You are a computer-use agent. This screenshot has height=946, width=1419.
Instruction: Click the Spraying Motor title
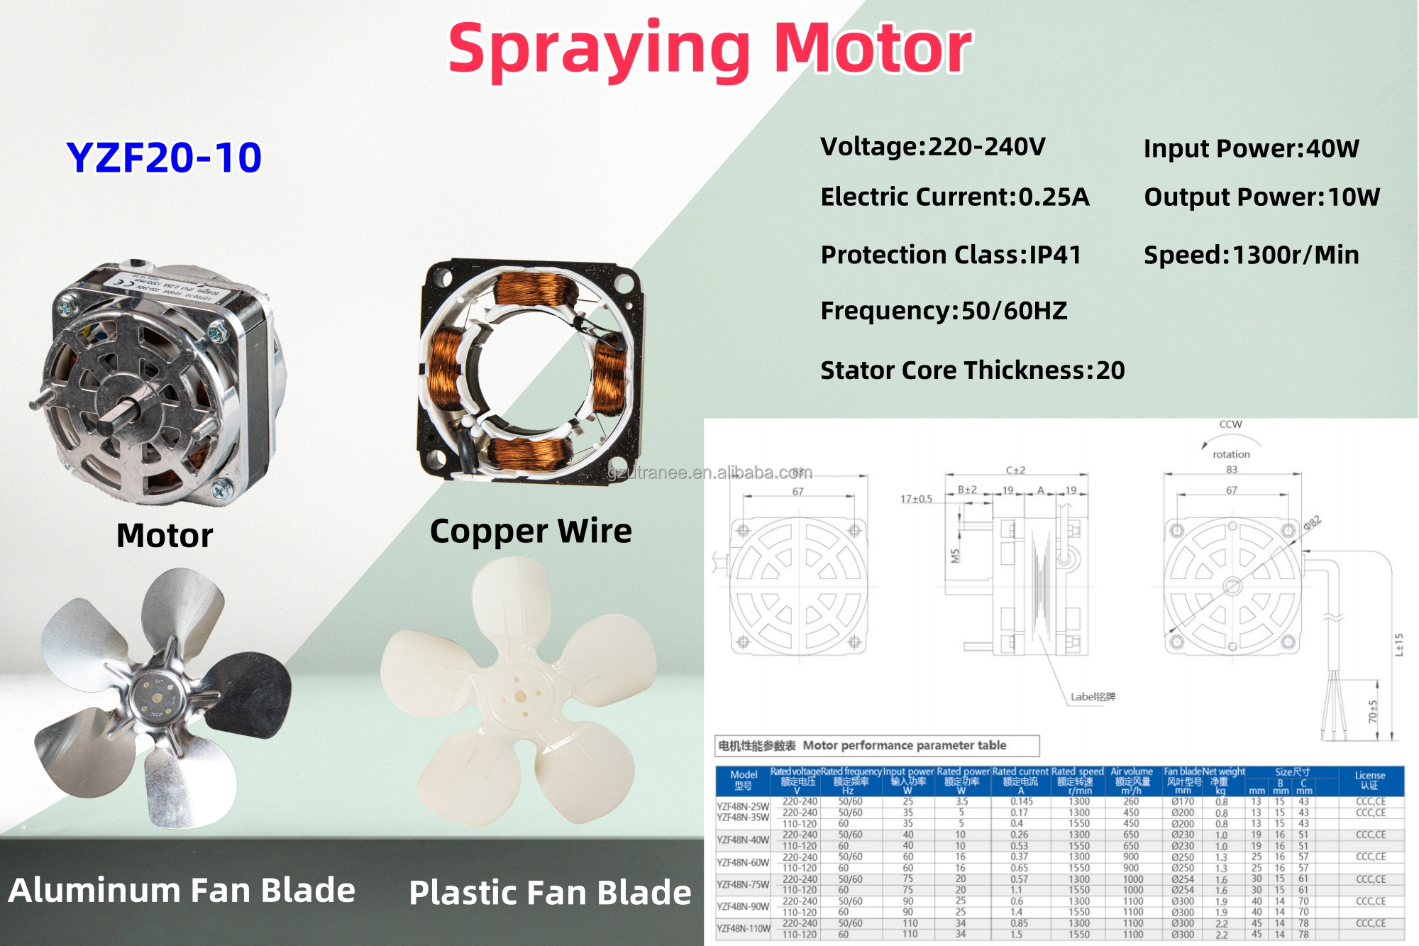coord(709,48)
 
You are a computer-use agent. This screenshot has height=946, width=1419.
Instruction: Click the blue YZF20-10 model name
coord(164,158)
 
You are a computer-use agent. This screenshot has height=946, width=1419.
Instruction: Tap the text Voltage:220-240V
coord(932,147)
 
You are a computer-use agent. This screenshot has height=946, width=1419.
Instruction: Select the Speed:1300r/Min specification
coord(1251,255)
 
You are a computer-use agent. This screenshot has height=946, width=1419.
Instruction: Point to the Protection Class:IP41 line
coord(950,255)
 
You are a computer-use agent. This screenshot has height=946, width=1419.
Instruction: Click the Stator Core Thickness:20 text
coord(972,370)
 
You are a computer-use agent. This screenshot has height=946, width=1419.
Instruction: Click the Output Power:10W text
coord(1261,197)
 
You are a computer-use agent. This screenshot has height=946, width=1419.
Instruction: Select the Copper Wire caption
coord(530,531)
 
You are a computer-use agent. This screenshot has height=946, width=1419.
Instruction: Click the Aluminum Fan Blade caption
coord(182,890)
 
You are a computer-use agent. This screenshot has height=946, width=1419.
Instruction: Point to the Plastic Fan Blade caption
coord(550,893)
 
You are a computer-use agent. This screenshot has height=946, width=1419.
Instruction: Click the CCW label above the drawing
coord(1230,424)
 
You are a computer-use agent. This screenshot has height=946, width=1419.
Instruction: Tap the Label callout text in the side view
coord(1093,697)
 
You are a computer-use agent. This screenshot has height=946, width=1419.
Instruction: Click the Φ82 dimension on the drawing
coord(1312,523)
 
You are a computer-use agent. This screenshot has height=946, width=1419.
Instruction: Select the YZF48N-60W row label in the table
coord(743,862)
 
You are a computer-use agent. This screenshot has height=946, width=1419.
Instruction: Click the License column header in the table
coord(1369,780)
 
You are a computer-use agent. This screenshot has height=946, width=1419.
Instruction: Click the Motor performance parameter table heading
coord(877,746)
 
